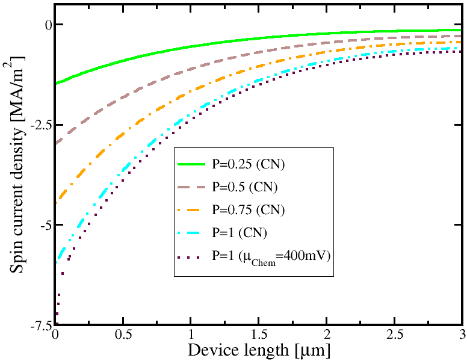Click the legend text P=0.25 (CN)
click(x=247, y=164)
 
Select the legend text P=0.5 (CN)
click(x=244, y=187)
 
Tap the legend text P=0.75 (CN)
click(x=247, y=209)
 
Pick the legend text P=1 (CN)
click(x=239, y=232)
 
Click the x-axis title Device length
click(x=259, y=350)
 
